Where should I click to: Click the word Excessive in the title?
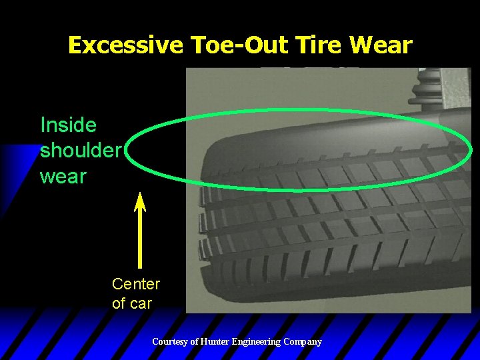(125, 45)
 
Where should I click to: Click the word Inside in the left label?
(68, 125)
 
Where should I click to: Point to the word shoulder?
(80, 151)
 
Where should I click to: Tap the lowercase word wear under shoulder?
(63, 177)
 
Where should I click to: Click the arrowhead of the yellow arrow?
(140, 201)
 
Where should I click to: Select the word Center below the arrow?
(136, 284)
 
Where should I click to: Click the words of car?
(132, 303)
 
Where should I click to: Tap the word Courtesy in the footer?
(171, 342)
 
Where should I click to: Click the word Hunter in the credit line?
(215, 342)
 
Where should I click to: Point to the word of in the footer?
(195, 342)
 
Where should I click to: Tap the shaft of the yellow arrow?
(140, 240)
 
